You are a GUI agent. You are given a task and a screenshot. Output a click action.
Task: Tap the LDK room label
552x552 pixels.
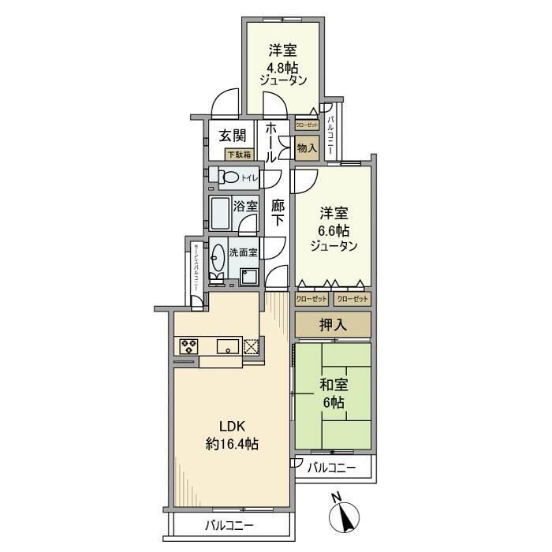(232, 435)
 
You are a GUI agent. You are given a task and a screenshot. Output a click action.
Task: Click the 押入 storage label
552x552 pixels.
(333, 324)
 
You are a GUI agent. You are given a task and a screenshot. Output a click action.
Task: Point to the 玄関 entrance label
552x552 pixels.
(232, 135)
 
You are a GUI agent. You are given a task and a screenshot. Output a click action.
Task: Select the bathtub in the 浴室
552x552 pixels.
(220, 213)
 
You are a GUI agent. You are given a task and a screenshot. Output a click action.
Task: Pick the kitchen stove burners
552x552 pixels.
(189, 345)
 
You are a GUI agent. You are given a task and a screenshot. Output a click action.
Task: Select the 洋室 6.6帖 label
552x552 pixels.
(333, 229)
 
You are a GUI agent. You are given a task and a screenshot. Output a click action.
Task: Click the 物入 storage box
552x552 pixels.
(306, 147)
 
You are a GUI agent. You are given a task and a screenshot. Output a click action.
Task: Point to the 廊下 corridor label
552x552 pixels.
(278, 213)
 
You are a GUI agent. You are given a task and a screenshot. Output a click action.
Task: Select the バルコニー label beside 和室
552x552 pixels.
(332, 468)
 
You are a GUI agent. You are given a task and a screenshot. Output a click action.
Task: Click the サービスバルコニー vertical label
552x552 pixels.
(196, 268)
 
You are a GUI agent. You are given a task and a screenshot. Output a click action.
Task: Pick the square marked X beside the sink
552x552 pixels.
(251, 345)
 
